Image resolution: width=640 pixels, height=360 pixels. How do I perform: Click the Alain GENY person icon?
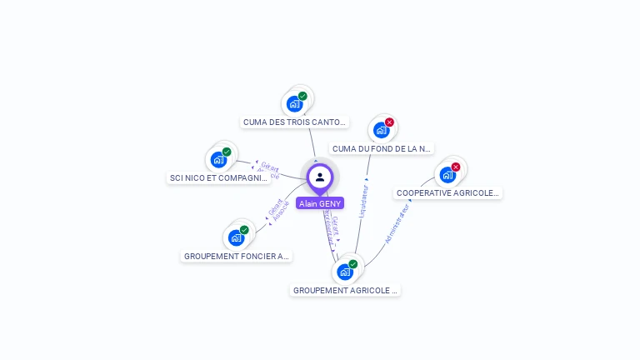pyautogui.click(x=320, y=177)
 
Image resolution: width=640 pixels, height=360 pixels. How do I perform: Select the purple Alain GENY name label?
pyautogui.click(x=320, y=203)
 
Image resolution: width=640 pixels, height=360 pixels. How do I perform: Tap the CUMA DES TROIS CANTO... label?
pyautogui.click(x=294, y=122)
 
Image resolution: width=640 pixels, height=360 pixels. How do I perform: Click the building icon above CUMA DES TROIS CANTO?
pyautogui.click(x=294, y=104)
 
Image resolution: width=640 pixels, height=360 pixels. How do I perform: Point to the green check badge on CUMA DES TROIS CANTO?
pyautogui.click(x=302, y=96)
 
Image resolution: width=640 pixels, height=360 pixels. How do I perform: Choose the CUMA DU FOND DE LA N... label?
pyautogui.click(x=382, y=149)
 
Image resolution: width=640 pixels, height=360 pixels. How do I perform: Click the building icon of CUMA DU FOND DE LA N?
pyautogui.click(x=381, y=130)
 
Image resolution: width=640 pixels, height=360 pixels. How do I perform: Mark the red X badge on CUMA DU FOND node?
pyautogui.click(x=389, y=122)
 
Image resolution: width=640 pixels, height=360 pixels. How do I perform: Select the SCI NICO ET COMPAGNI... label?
pyautogui.click(x=218, y=178)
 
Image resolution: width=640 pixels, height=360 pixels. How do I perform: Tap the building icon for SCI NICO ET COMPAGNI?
pyautogui.click(x=218, y=159)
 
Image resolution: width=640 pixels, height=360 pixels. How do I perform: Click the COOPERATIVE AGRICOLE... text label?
pyautogui.click(x=447, y=193)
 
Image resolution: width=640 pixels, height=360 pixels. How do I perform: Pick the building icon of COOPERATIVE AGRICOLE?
pyautogui.click(x=447, y=175)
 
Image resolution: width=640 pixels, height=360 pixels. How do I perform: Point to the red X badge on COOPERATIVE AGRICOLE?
pyautogui.click(x=456, y=167)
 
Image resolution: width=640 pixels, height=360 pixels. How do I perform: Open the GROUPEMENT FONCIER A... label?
pyautogui.click(x=236, y=257)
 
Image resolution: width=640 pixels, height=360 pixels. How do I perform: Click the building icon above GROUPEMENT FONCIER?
pyautogui.click(x=236, y=237)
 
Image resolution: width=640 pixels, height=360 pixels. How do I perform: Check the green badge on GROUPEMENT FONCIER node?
pyautogui.click(x=244, y=230)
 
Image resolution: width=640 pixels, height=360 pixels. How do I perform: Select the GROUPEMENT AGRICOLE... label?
pyautogui.click(x=345, y=291)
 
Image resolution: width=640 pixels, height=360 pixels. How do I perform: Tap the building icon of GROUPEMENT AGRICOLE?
pyautogui.click(x=345, y=272)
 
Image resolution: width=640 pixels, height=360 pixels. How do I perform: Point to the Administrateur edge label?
pyautogui.click(x=397, y=223)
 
